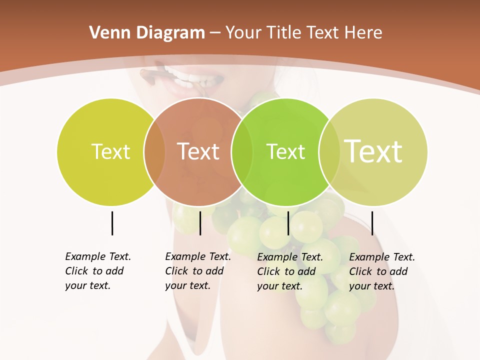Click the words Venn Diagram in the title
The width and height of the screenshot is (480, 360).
click(147, 33)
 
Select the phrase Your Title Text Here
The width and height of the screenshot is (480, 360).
click(303, 33)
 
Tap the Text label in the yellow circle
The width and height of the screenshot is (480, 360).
click(110, 152)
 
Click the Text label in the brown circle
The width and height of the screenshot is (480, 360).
click(198, 151)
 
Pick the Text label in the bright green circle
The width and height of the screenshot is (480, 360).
click(285, 152)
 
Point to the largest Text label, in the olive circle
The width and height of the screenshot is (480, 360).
click(373, 151)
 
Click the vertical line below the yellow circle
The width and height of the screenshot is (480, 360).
click(112, 223)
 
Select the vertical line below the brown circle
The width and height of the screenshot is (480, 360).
click(200, 223)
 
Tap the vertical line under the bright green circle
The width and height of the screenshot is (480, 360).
click(288, 223)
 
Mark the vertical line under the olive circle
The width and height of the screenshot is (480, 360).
click(372, 223)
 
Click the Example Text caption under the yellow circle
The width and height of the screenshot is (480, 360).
click(98, 271)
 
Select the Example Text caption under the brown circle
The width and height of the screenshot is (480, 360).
click(198, 271)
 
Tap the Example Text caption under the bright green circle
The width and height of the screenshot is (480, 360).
click(290, 271)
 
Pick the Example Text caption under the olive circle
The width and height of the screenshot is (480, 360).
click(382, 271)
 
